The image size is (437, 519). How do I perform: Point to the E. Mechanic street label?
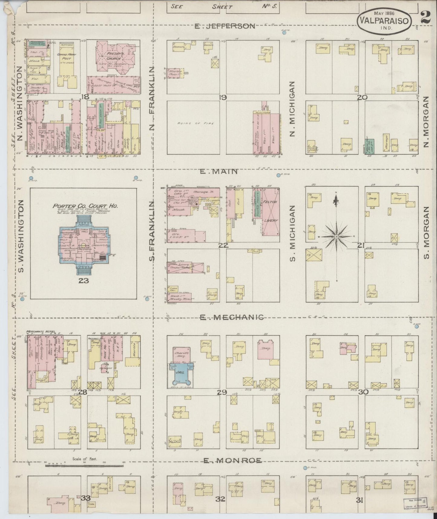[232, 317]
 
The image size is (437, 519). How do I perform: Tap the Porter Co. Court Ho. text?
[86, 206]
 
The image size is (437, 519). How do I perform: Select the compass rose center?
[336, 236]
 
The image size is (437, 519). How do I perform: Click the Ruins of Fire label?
[196, 124]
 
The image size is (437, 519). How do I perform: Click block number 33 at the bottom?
[86, 498]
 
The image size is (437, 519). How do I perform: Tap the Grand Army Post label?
[66, 57]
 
